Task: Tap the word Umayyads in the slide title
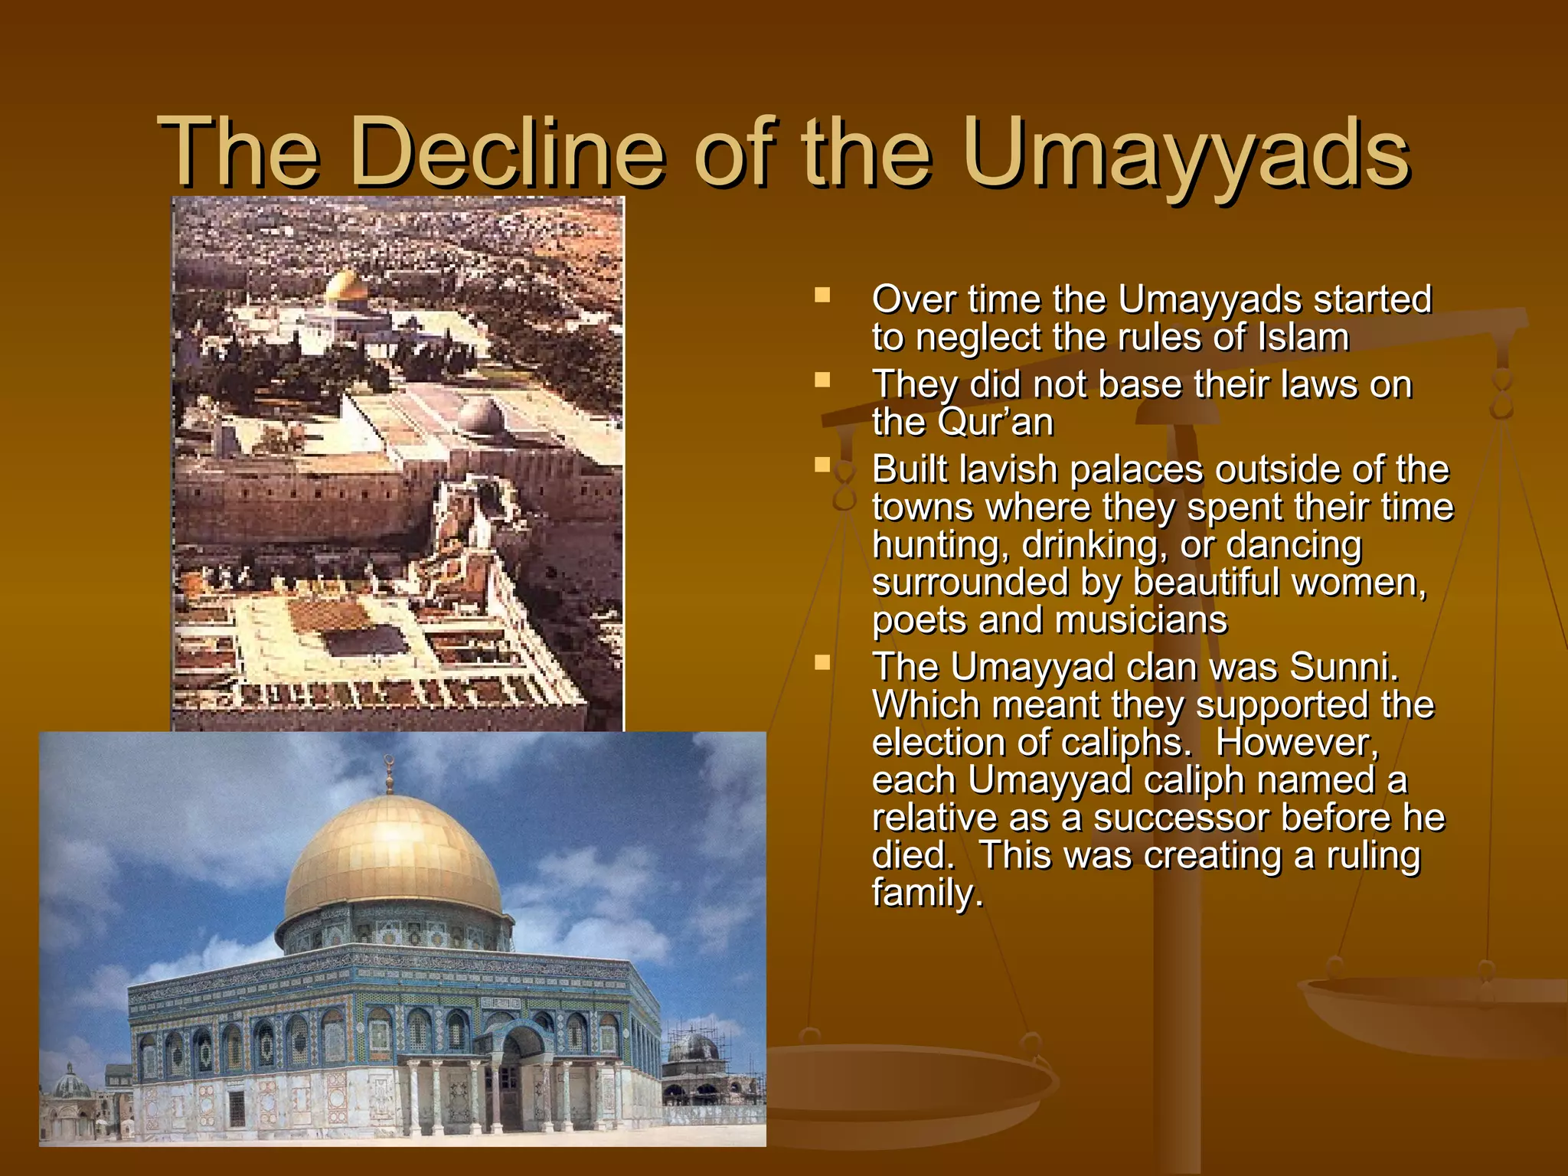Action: (x=1185, y=153)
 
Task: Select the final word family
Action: (x=926, y=893)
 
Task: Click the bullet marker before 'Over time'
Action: (x=823, y=296)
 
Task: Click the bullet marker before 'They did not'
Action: (x=823, y=381)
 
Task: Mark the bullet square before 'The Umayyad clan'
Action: (x=823, y=662)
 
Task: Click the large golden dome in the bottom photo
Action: (x=392, y=857)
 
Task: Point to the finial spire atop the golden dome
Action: (x=389, y=773)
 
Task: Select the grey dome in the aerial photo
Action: (x=481, y=416)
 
